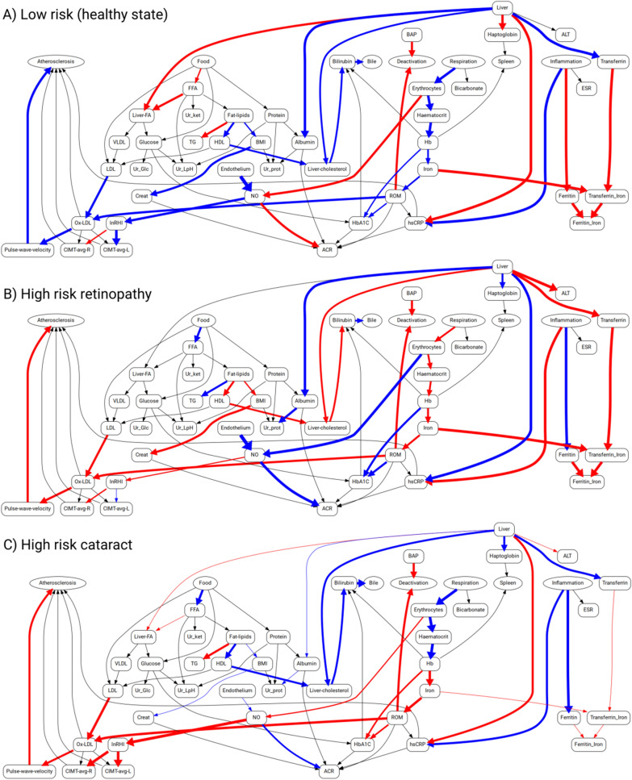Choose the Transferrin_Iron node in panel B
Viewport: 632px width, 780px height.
tap(607, 456)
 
